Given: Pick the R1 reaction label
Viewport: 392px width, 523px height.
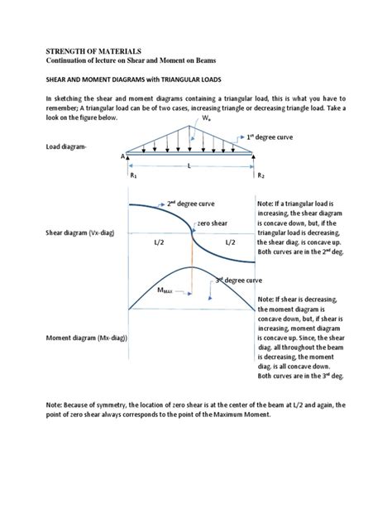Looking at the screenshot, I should [x=132, y=175].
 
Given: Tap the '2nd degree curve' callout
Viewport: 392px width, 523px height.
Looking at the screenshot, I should [x=193, y=202].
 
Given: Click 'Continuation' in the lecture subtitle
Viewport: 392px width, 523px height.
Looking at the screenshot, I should [x=92, y=62].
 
